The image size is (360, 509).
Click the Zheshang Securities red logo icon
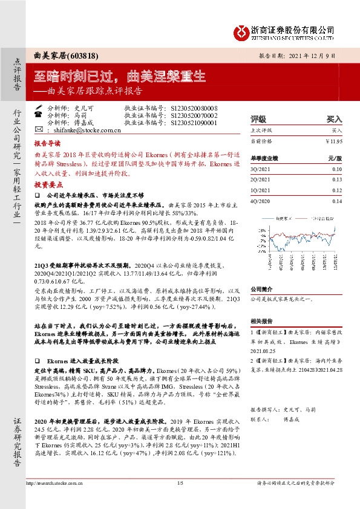click(243, 31)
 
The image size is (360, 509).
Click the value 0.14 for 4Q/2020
click(336, 201)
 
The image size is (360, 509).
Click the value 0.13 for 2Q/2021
click(336, 180)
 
